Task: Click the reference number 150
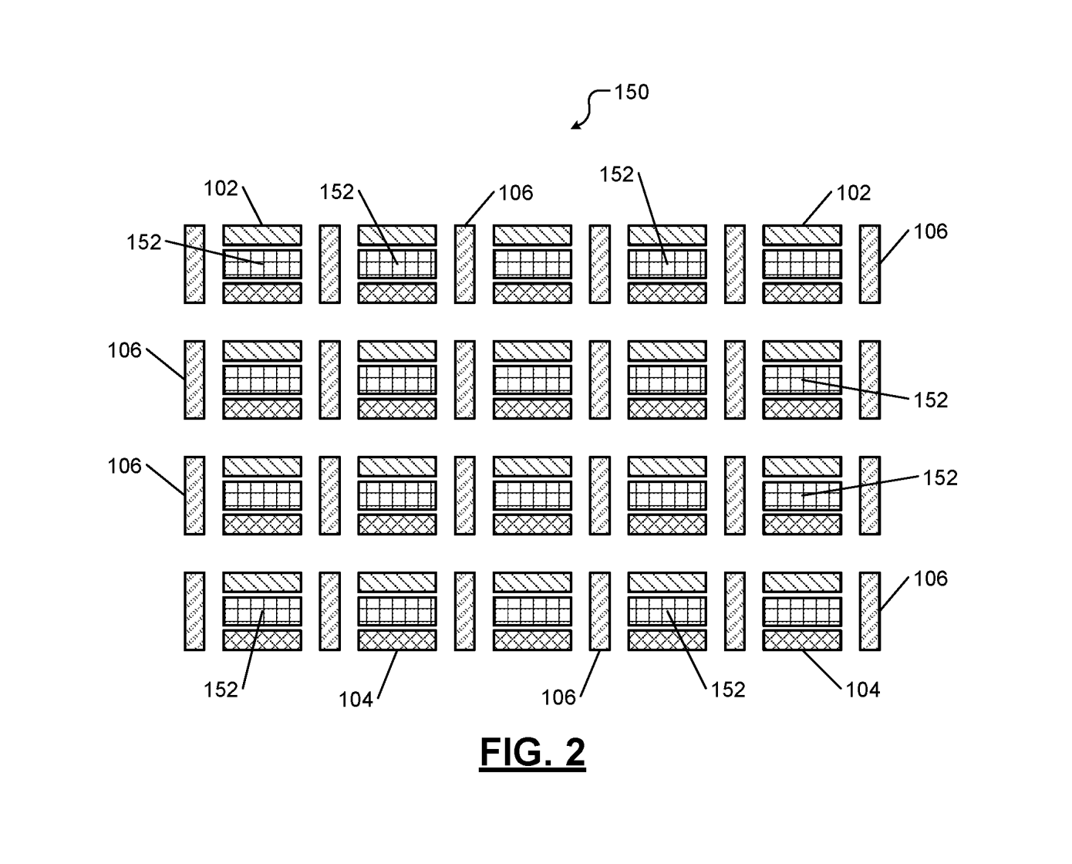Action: click(631, 92)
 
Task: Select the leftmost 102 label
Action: click(221, 188)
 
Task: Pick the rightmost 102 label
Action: click(853, 193)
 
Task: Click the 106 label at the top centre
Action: click(516, 193)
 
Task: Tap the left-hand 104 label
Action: click(356, 700)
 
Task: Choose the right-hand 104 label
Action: click(863, 690)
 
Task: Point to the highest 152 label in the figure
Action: click(616, 174)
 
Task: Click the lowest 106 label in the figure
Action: click(558, 698)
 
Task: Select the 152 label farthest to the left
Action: click(144, 243)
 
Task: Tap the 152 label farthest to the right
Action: click(940, 478)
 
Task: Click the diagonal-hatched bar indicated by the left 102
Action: click(262, 235)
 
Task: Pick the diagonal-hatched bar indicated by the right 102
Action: click(802, 235)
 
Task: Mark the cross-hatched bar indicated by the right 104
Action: click(802, 640)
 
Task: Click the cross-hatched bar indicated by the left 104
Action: click(397, 640)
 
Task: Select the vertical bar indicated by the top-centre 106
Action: click(465, 264)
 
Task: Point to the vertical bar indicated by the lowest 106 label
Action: click(600, 611)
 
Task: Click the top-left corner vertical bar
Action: click(194, 264)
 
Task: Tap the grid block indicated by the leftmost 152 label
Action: click(262, 264)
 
